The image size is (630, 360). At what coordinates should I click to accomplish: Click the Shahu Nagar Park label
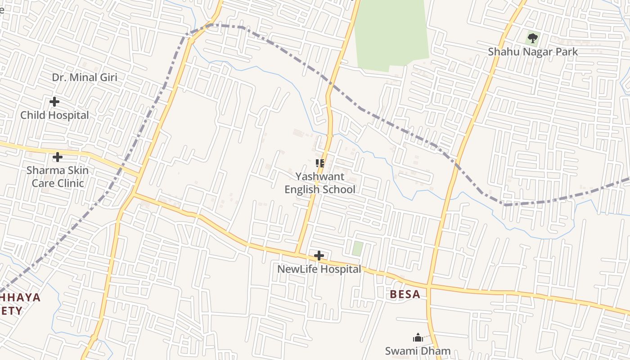(533, 52)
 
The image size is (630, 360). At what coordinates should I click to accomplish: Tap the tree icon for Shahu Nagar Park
(533, 38)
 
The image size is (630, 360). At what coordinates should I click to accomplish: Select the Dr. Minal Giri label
(85, 77)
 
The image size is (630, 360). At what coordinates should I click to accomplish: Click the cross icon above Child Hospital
(54, 102)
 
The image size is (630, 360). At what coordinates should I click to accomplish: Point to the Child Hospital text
(54, 115)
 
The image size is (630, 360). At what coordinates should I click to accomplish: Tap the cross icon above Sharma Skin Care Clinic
(58, 157)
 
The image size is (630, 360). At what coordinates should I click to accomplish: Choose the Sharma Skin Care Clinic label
(58, 177)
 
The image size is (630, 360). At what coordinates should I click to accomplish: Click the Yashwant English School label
(320, 183)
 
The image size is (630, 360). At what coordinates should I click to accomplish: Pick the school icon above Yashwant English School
(320, 163)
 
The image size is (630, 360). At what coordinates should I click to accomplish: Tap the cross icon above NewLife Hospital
(319, 256)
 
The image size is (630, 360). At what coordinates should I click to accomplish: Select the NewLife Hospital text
(319, 269)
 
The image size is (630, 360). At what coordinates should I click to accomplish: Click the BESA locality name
(405, 294)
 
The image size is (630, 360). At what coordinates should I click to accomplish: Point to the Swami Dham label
(418, 351)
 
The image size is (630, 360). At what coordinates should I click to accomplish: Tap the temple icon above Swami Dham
(418, 337)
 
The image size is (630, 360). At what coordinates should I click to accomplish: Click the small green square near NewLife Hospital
(357, 249)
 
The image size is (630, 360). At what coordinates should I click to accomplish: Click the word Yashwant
(320, 176)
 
